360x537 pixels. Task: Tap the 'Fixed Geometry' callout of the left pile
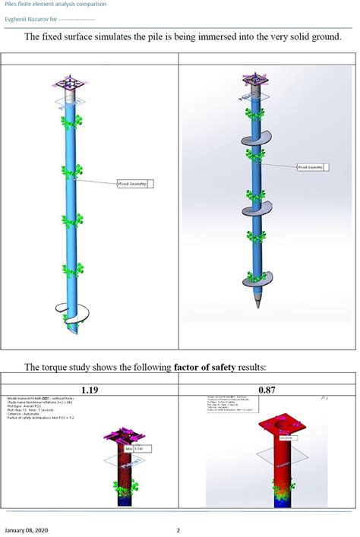tap(133, 183)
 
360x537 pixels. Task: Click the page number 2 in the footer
tap(178, 529)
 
